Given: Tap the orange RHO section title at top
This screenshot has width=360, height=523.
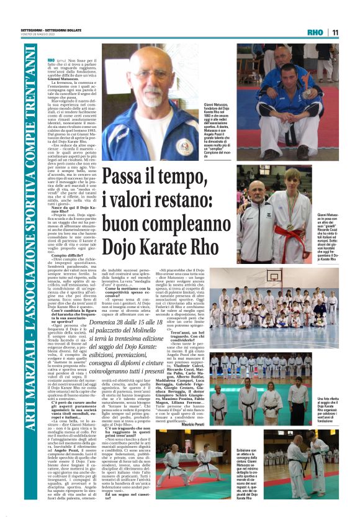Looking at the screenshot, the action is pyautogui.click(x=315, y=32).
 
